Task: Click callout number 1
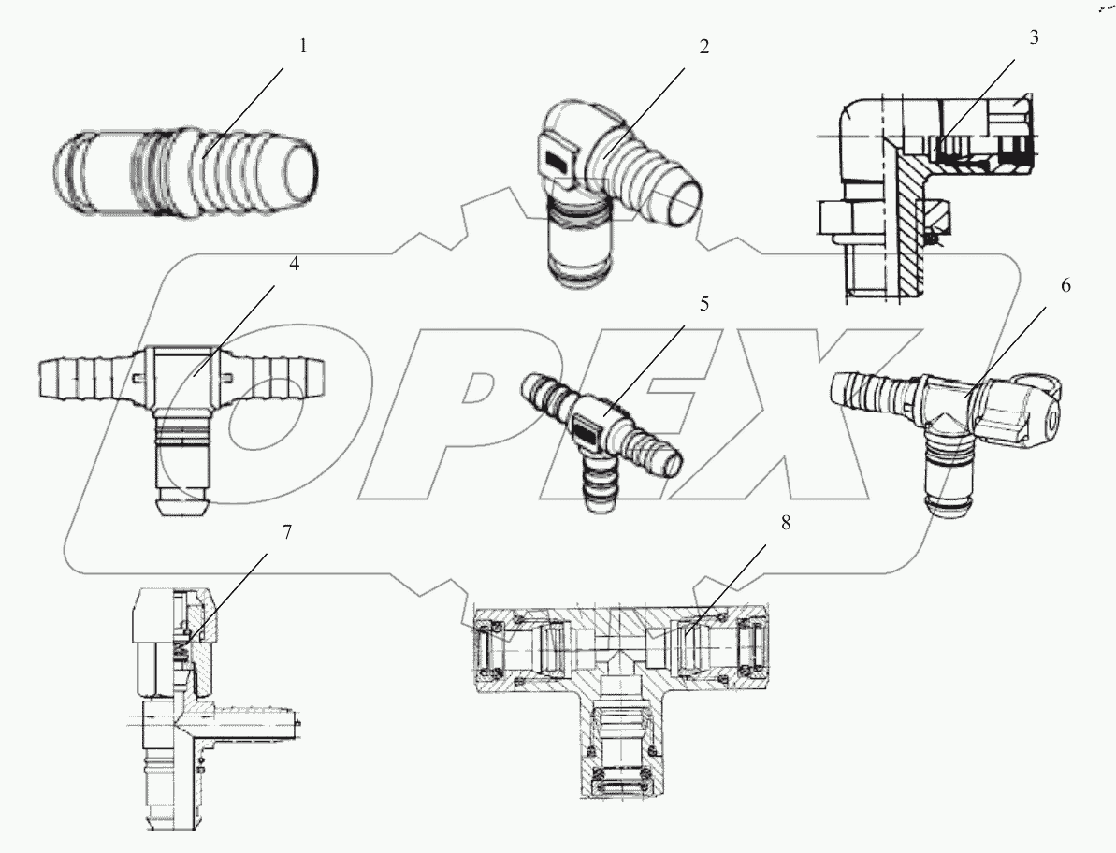coord(302,46)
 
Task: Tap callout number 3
coord(1034,39)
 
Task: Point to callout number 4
coord(294,265)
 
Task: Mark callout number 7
coord(287,532)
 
